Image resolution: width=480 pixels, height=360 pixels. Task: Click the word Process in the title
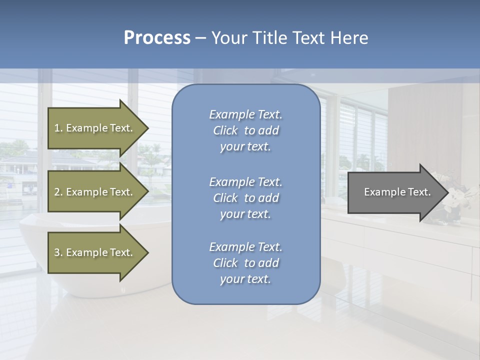coord(157,38)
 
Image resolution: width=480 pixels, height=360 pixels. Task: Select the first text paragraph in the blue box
coord(245,130)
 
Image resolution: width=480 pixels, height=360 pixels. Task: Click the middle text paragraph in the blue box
coord(245,198)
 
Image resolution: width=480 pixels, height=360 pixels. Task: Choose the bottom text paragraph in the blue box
coord(245,263)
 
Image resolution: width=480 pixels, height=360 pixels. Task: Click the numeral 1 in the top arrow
coord(57,128)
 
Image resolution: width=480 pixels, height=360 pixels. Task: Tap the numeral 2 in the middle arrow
coord(57,192)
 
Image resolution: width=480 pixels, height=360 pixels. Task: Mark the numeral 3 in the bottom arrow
coord(57,252)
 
